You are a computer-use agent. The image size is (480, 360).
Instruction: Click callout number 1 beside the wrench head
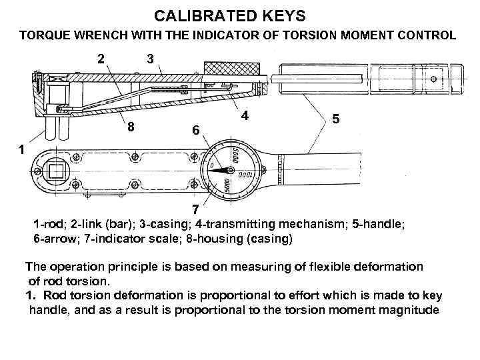(22, 151)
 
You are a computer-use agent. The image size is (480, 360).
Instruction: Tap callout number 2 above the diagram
(101, 59)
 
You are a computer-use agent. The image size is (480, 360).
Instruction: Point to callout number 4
(245, 115)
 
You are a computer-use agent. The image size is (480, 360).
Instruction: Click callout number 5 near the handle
(337, 119)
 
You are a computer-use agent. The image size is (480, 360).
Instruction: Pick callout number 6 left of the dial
(194, 132)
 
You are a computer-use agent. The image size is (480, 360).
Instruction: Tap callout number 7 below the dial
(195, 209)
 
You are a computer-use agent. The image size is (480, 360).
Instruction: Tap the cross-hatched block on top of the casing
(232, 69)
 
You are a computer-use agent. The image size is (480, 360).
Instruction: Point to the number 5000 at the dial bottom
(228, 186)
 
